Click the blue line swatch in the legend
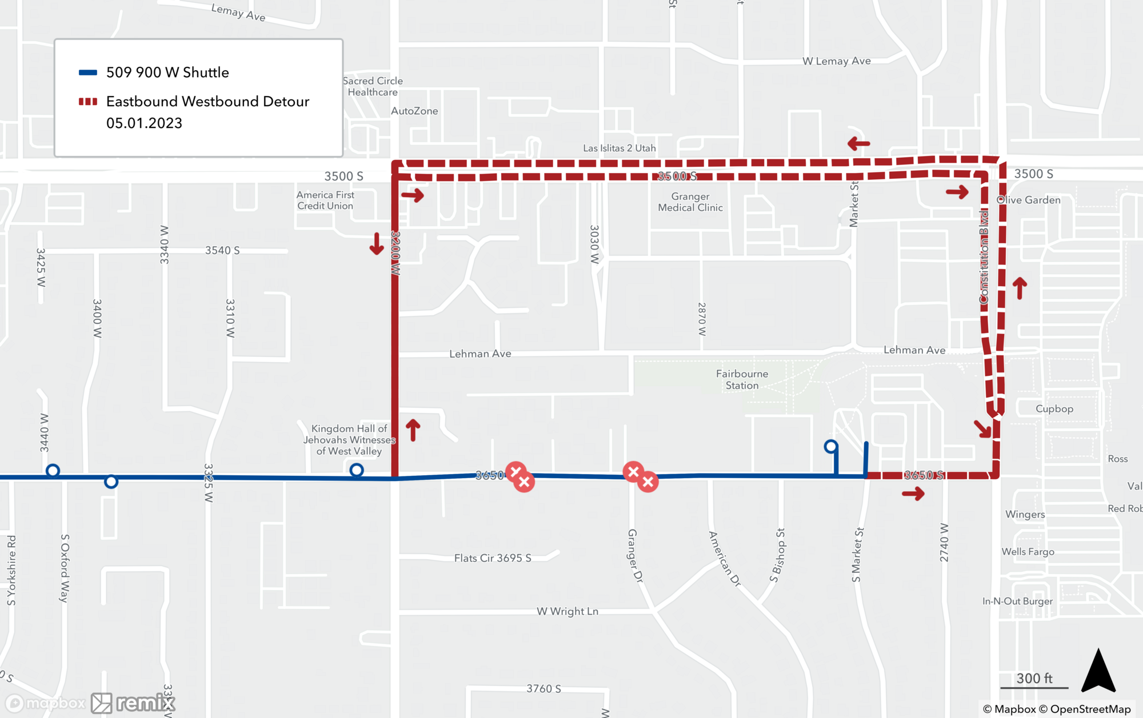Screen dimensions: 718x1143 click(87, 73)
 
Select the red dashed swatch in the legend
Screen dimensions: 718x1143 click(87, 102)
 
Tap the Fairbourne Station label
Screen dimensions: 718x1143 click(742, 380)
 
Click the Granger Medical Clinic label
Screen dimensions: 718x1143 click(690, 202)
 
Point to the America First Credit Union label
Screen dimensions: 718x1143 click(325, 200)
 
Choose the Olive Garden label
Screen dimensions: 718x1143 click(1029, 200)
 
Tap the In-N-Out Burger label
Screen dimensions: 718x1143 click(1017, 601)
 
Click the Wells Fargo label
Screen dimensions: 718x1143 click(1028, 552)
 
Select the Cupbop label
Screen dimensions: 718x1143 click(1054, 409)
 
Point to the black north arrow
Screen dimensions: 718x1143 click(1098, 671)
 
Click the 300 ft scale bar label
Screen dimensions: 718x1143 click(1034, 678)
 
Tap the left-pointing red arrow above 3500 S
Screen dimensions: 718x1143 click(858, 143)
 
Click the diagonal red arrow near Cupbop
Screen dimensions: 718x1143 click(982, 429)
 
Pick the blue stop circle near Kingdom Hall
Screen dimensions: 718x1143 click(356, 470)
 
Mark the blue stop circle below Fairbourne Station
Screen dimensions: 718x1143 click(831, 446)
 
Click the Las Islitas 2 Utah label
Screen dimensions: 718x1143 click(619, 148)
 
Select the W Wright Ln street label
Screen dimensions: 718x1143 click(567, 611)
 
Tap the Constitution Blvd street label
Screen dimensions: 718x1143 click(984, 257)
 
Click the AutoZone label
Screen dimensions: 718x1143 click(414, 111)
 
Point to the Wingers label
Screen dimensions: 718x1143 click(1025, 515)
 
